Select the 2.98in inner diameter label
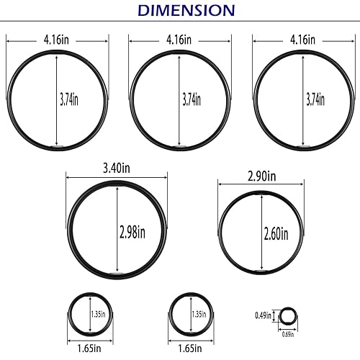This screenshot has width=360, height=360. (132, 231)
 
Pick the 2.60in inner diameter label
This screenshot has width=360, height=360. (275, 233)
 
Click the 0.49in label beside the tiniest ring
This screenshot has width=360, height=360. (263, 315)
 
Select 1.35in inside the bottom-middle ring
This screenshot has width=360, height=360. (198, 313)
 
